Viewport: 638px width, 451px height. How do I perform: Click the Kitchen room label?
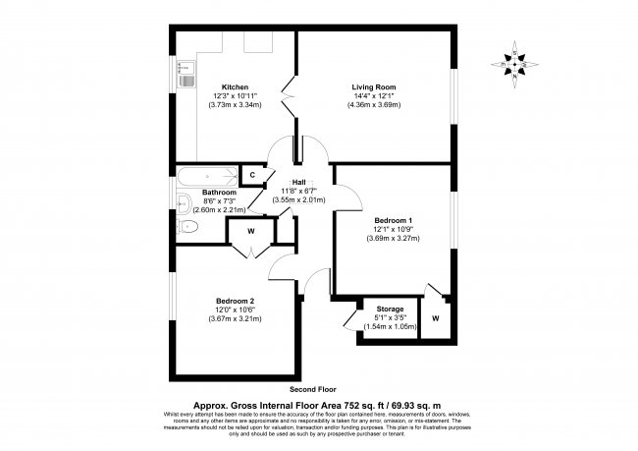[235, 86]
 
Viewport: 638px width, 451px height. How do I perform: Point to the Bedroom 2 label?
[236, 301]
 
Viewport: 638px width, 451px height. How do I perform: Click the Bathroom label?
[220, 192]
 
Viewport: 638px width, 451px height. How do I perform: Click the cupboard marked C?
[252, 175]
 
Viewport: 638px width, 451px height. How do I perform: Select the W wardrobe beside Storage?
[435, 319]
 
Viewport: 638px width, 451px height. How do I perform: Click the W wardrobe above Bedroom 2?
[251, 232]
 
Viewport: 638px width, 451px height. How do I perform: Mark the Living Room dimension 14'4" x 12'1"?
[374, 96]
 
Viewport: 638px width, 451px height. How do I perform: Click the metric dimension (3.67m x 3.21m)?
[236, 317]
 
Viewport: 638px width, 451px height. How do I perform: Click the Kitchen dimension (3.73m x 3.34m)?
[235, 104]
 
